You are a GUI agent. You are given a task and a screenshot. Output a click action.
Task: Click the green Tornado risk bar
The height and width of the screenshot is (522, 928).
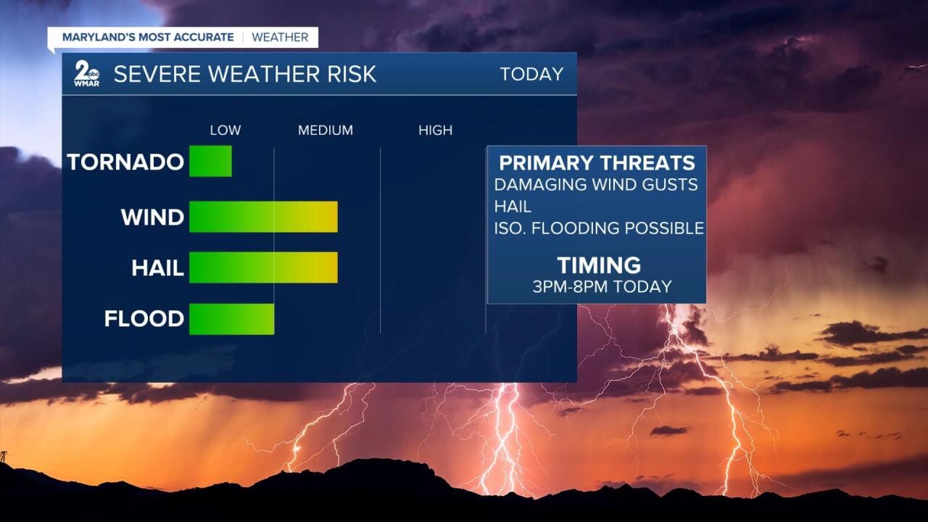tap(210, 161)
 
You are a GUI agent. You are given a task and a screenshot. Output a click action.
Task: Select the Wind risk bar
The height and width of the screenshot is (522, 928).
tap(263, 217)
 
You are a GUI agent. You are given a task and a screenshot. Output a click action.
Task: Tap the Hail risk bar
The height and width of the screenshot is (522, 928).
tap(263, 268)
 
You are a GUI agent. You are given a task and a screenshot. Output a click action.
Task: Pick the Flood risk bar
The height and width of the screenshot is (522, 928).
tap(231, 319)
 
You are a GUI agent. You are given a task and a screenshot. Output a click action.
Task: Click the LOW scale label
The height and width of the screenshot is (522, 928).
tap(225, 130)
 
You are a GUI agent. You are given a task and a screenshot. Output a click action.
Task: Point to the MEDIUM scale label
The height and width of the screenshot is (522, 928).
tap(326, 130)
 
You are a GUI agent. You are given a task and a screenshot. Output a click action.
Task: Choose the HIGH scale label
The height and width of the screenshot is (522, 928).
tap(435, 130)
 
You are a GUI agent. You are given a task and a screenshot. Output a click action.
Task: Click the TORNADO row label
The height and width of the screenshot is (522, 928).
tap(125, 162)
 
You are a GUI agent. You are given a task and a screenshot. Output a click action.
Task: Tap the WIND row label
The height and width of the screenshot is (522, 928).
tap(152, 217)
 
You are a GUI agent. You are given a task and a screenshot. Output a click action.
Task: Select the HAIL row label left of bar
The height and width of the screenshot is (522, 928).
tap(157, 268)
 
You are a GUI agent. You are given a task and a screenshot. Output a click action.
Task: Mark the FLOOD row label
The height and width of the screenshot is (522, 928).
tap(144, 319)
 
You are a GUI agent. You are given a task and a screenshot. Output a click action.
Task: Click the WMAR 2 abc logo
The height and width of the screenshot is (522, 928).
tap(87, 74)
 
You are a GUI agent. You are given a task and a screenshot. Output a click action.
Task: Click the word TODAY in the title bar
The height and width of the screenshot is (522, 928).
tap(531, 74)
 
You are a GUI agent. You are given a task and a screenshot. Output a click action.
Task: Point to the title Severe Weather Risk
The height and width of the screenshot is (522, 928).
tap(245, 74)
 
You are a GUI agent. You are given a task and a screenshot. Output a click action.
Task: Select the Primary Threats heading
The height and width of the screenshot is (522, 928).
tap(597, 162)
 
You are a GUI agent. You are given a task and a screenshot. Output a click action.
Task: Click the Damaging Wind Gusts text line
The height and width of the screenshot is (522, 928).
tap(596, 185)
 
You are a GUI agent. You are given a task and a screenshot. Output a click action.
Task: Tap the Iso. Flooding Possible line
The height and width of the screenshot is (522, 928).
tap(599, 228)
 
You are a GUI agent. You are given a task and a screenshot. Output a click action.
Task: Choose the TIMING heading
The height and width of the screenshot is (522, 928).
tap(599, 265)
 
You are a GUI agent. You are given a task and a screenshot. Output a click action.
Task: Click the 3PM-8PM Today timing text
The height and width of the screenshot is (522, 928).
tap(602, 286)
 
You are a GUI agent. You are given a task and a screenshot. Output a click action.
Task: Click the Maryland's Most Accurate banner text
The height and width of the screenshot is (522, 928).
tap(148, 37)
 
